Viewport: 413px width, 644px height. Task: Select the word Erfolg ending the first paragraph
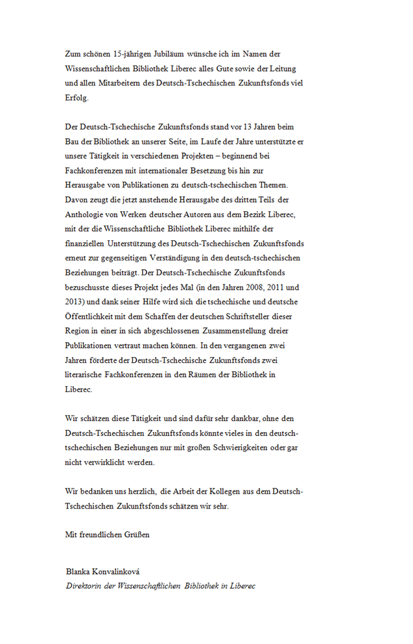pyautogui.click(x=77, y=98)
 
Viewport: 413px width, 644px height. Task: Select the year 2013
pyautogui.click(x=75, y=301)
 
